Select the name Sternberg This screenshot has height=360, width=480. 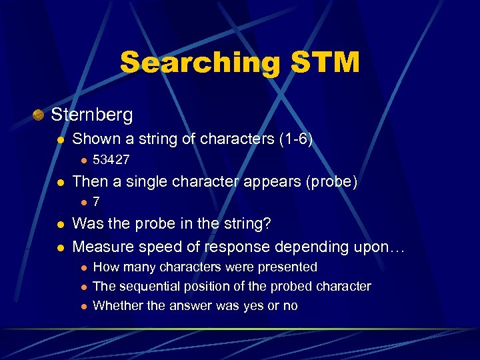[x=92, y=115]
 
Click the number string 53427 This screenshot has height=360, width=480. [x=111, y=160]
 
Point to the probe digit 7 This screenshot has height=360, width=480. [x=97, y=201]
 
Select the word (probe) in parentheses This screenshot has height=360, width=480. [x=333, y=181]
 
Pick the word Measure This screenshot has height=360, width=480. [x=101, y=247]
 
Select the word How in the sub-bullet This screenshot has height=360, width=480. [x=105, y=267]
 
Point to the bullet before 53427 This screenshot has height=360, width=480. [x=83, y=161]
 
